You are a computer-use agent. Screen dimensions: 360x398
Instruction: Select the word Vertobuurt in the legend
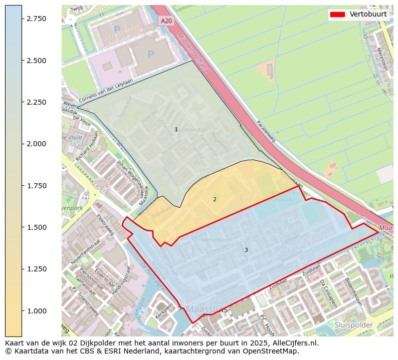(368, 15)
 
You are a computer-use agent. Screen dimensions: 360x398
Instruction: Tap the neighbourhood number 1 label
(176, 130)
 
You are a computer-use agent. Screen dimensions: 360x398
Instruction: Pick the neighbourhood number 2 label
(215, 199)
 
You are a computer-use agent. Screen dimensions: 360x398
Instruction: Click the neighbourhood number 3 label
(246, 250)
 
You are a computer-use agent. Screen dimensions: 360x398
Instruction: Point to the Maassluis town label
(207, 309)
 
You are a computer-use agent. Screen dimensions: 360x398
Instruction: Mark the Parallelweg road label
(266, 131)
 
